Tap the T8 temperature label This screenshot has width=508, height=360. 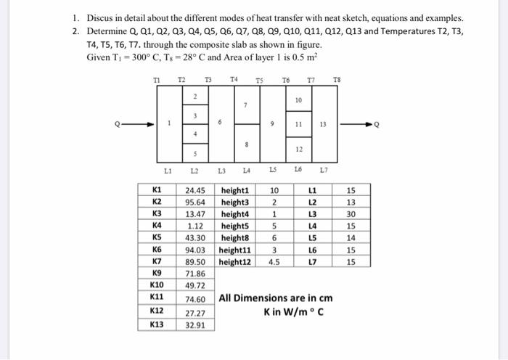[x=335, y=79]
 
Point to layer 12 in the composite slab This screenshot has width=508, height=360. [x=298, y=149]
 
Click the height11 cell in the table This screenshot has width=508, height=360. [x=234, y=248]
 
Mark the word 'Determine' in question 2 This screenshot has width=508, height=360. [x=108, y=31]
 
